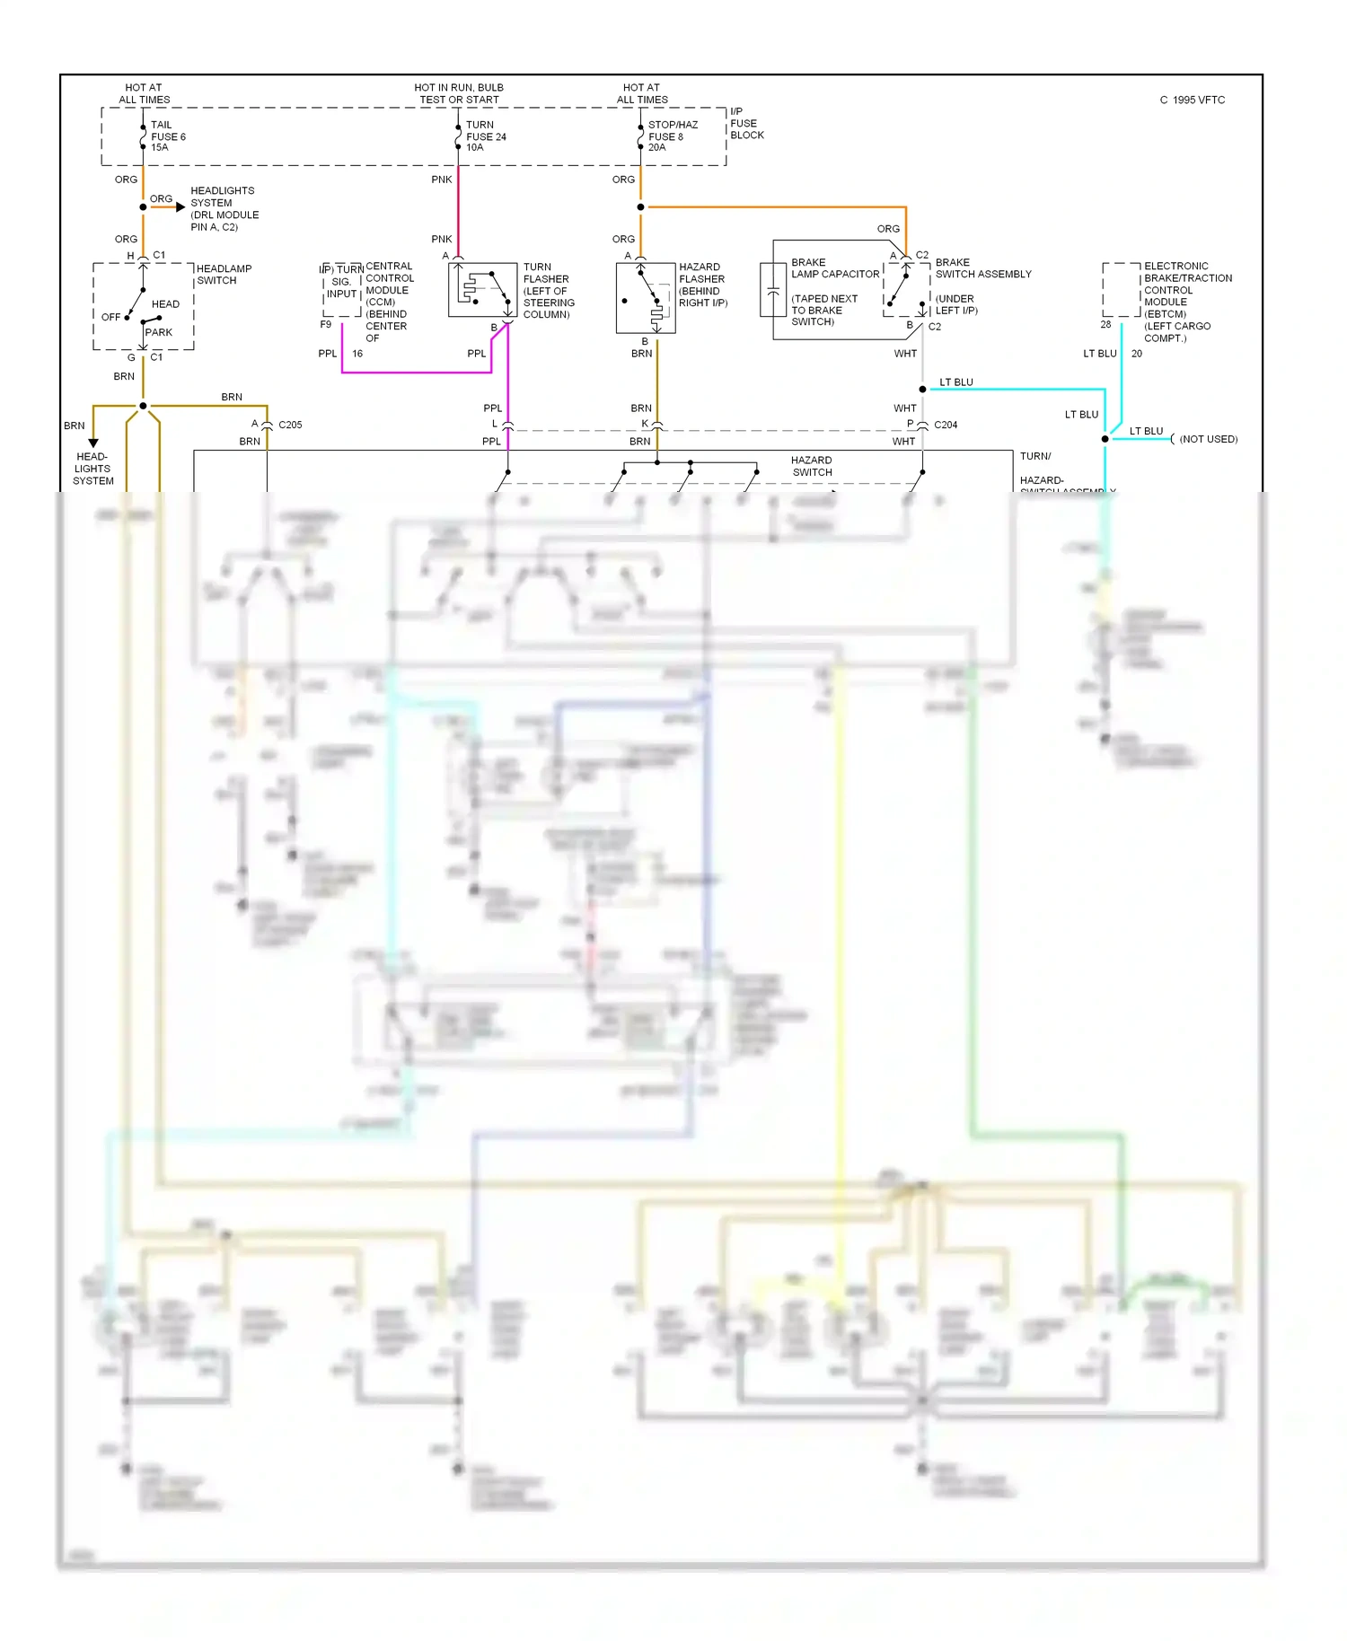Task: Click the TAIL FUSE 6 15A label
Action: pyautogui.click(x=167, y=136)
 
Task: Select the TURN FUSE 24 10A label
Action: pyautogui.click(x=485, y=136)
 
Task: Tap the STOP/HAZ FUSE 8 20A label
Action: pyautogui.click(x=672, y=136)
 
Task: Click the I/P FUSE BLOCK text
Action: pyautogui.click(x=746, y=124)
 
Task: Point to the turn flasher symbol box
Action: pyautogui.click(x=482, y=290)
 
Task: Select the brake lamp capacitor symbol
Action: pyautogui.click(x=772, y=290)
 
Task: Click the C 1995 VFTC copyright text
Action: pyautogui.click(x=1192, y=101)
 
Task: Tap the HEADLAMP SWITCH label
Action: pyautogui.click(x=224, y=275)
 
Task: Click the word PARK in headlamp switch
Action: pyautogui.click(x=159, y=332)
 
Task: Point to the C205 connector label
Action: pyautogui.click(x=290, y=425)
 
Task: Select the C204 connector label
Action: pyautogui.click(x=946, y=425)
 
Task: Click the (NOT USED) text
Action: pyautogui.click(x=1208, y=439)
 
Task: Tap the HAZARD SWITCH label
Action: pyautogui.click(x=812, y=466)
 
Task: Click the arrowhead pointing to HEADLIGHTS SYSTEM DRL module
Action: pyautogui.click(x=180, y=207)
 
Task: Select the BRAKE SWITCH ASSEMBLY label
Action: pyautogui.click(x=982, y=268)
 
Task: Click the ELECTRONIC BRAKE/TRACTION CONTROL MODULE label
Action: pyautogui.click(x=1187, y=302)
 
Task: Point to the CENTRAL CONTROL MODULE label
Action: pyautogui.click(x=389, y=302)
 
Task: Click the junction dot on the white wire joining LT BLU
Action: pyautogui.click(x=922, y=390)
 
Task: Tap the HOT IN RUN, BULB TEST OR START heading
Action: pyautogui.click(x=459, y=93)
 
